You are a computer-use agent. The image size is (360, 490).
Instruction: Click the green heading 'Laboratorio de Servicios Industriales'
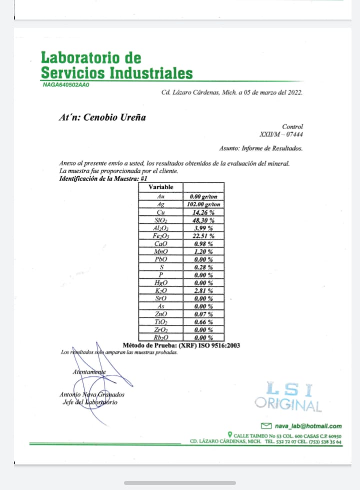point(116,66)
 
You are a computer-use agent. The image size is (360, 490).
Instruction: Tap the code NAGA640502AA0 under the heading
point(66,85)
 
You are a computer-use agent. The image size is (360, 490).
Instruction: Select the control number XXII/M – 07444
point(281,134)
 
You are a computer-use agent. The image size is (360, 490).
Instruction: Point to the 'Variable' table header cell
point(161,187)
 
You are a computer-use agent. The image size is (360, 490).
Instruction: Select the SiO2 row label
point(161,220)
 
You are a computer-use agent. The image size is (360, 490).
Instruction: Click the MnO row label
point(161,251)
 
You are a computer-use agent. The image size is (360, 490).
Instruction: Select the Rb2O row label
point(161,337)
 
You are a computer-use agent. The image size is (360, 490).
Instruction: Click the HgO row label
point(161,283)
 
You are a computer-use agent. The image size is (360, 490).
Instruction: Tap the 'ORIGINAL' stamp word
point(288,404)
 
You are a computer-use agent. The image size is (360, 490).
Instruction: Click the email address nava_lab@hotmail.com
point(308,426)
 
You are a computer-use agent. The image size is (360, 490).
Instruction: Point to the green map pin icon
point(229,435)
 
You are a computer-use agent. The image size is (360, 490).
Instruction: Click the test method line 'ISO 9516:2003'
point(215,345)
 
